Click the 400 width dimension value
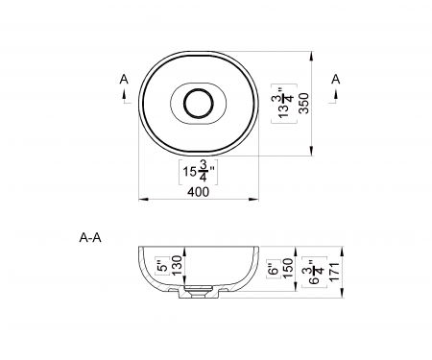tap(198, 191)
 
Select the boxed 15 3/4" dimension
tap(197, 173)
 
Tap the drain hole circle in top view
tap(198, 104)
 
